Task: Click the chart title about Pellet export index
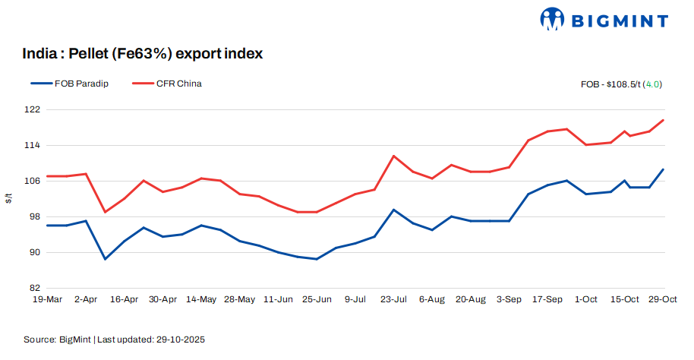tap(143, 54)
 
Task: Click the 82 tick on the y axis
tap(35, 288)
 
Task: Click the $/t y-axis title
tap(9, 199)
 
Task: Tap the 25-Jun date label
tap(317, 300)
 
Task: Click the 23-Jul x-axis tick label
tap(393, 300)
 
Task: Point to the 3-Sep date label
tap(509, 300)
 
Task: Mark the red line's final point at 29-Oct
tap(664, 120)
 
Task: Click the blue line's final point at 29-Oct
tap(664, 169)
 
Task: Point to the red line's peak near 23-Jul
tap(393, 156)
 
